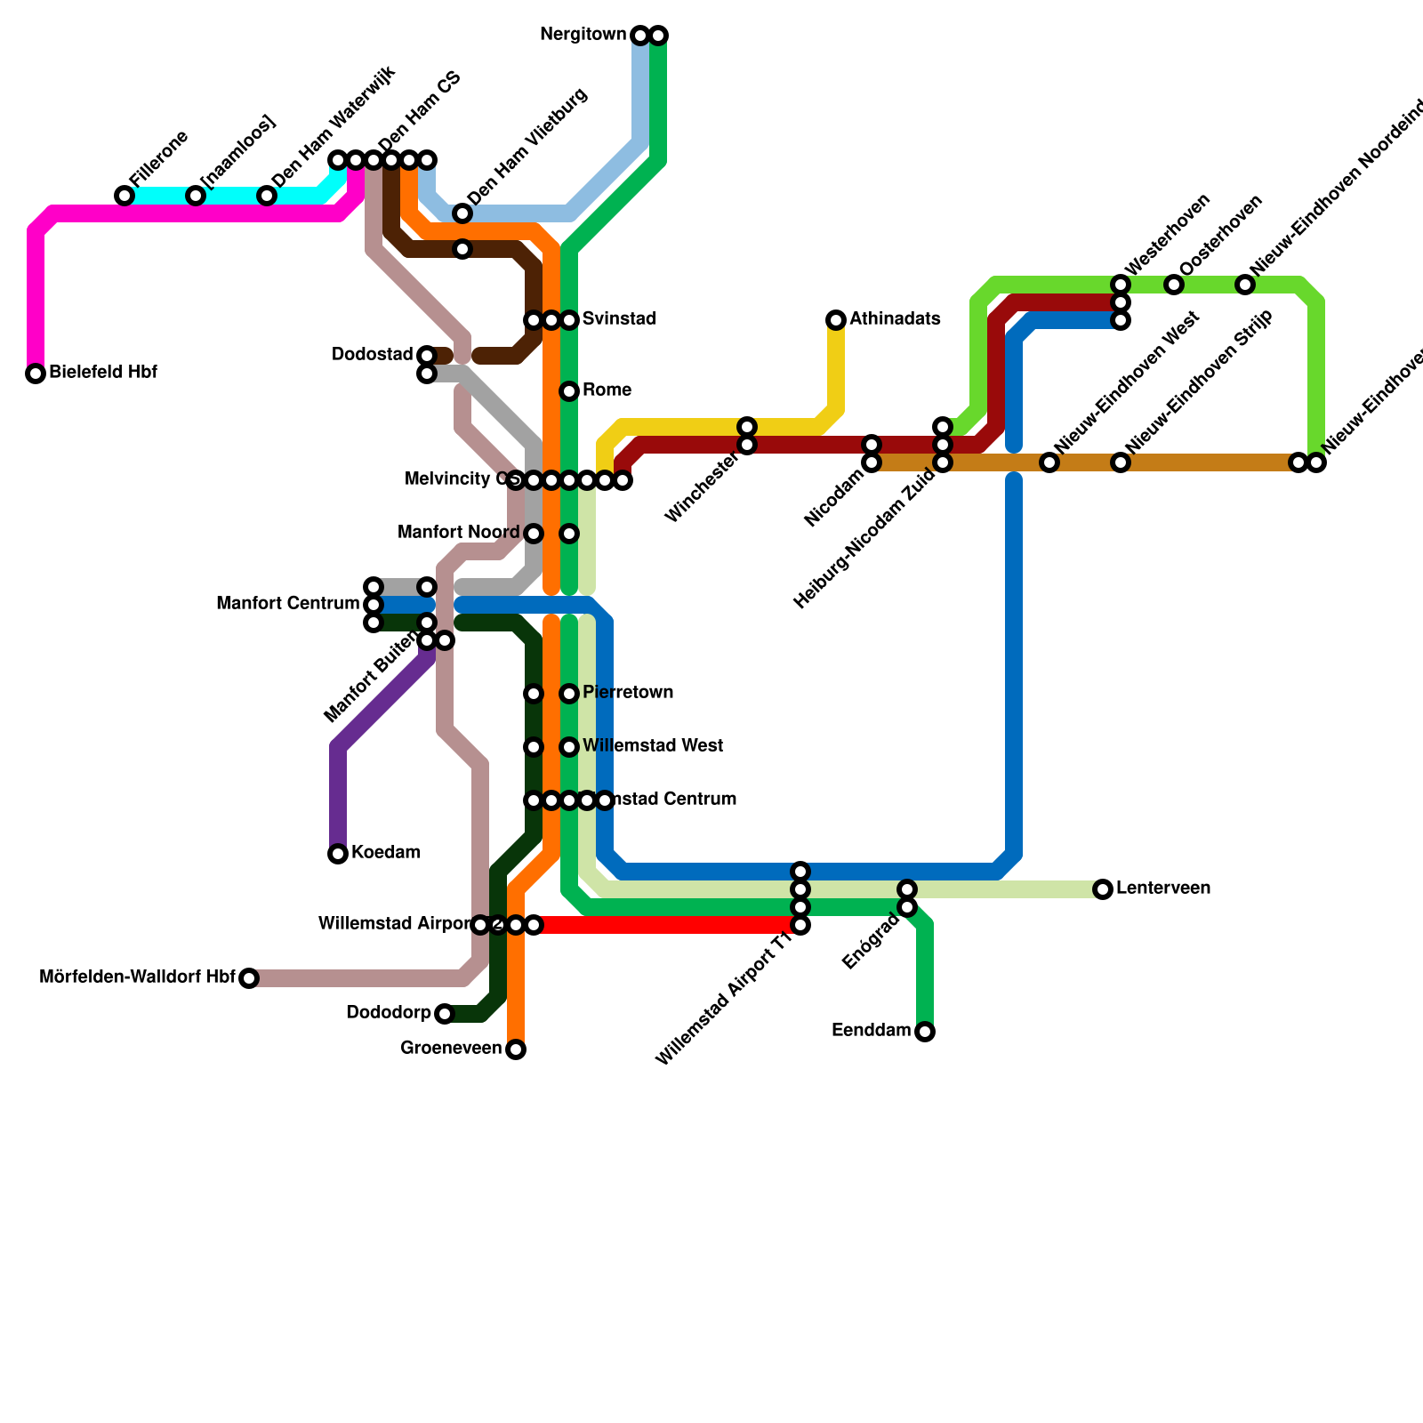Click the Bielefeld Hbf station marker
coord(36,374)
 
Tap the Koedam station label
coord(385,853)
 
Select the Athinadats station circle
coord(836,320)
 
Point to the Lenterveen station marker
coord(1103,889)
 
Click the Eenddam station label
coord(871,1031)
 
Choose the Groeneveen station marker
coord(516,1049)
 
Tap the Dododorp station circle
coord(445,1014)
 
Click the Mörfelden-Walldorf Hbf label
coord(137,978)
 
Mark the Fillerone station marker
coord(125,196)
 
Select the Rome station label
coord(607,390)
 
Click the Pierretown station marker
coord(569,694)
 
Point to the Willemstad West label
coord(652,746)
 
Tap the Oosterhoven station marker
coord(1174,285)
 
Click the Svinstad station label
coord(619,319)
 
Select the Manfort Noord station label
coord(458,533)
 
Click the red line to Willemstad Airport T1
coord(667,925)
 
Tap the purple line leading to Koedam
coord(374,711)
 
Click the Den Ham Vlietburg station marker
coord(462,213)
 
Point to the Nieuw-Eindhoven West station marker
coord(1049,462)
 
